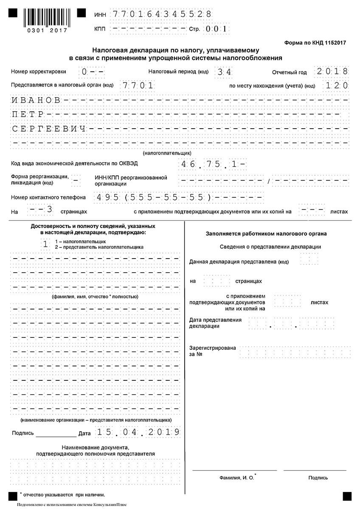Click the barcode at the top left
(46, 17)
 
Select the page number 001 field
(217, 29)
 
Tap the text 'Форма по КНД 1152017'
(315, 43)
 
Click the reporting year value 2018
(332, 71)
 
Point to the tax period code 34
(224, 72)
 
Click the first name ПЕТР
(28, 115)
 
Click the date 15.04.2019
(138, 432)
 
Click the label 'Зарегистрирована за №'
(212, 351)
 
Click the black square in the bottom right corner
(347, 496)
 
